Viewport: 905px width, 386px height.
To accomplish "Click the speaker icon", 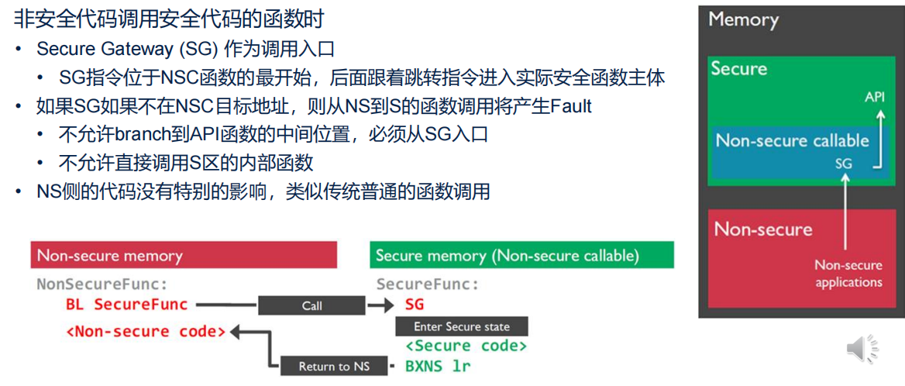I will pyautogui.click(x=862, y=350).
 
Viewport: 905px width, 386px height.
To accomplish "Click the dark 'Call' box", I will pyautogui.click(x=311, y=305).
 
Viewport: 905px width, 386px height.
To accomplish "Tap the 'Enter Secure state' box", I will pyautogui.click(x=462, y=326).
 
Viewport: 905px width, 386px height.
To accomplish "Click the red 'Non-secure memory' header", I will pyautogui.click(x=184, y=255).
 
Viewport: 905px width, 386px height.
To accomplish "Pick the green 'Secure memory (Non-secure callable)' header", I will pyautogui.click(x=521, y=255).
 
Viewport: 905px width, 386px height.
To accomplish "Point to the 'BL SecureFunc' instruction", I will pyautogui.click(x=127, y=305).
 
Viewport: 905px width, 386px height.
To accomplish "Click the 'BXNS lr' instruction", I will pyautogui.click(x=438, y=365).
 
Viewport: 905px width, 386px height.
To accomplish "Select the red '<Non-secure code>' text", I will pyautogui.click(x=146, y=332).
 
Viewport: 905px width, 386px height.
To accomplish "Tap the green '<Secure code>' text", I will pyautogui.click(x=466, y=346).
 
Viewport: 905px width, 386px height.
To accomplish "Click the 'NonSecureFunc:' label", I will pyautogui.click(x=102, y=284).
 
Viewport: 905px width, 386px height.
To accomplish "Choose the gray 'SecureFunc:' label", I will pyautogui.click(x=428, y=284).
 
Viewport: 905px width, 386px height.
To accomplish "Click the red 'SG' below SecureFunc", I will pyautogui.click(x=415, y=305).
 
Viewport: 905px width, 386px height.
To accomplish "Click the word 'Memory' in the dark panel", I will pyautogui.click(x=743, y=19).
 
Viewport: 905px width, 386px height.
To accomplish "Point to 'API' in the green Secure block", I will pyautogui.click(x=875, y=98).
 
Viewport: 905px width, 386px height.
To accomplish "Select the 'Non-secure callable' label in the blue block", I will pyautogui.click(x=792, y=140).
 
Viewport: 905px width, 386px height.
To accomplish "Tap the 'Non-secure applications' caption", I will pyautogui.click(x=848, y=274).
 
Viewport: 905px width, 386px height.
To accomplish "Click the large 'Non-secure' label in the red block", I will pyautogui.click(x=763, y=229).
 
